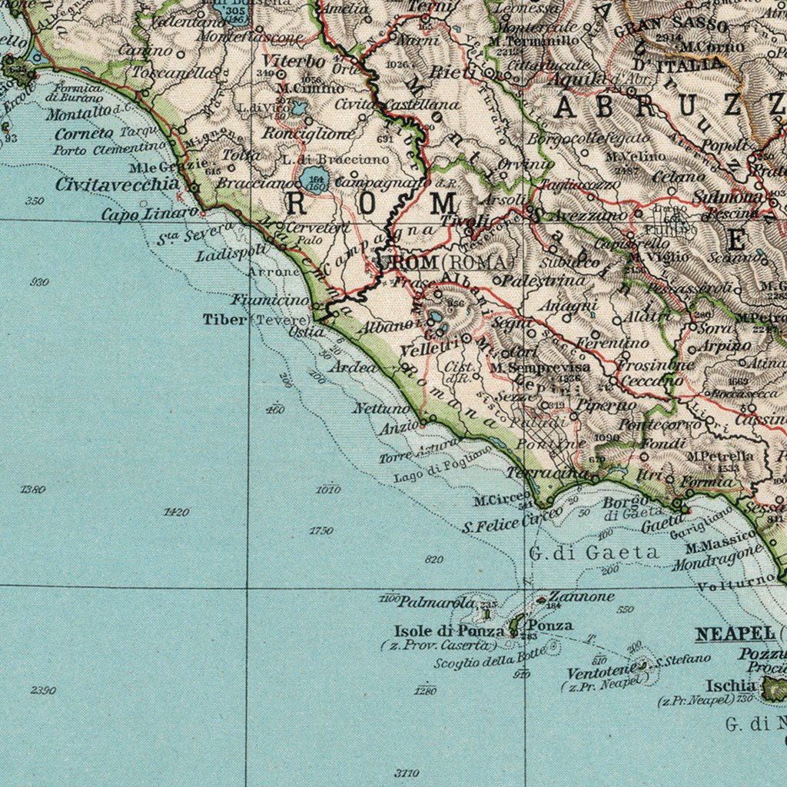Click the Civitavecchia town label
(118, 184)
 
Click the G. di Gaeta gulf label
(593, 552)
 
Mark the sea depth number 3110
(407, 772)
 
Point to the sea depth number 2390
(43, 689)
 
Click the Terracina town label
(546, 473)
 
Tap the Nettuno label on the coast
(381, 408)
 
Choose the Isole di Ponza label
(449, 631)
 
